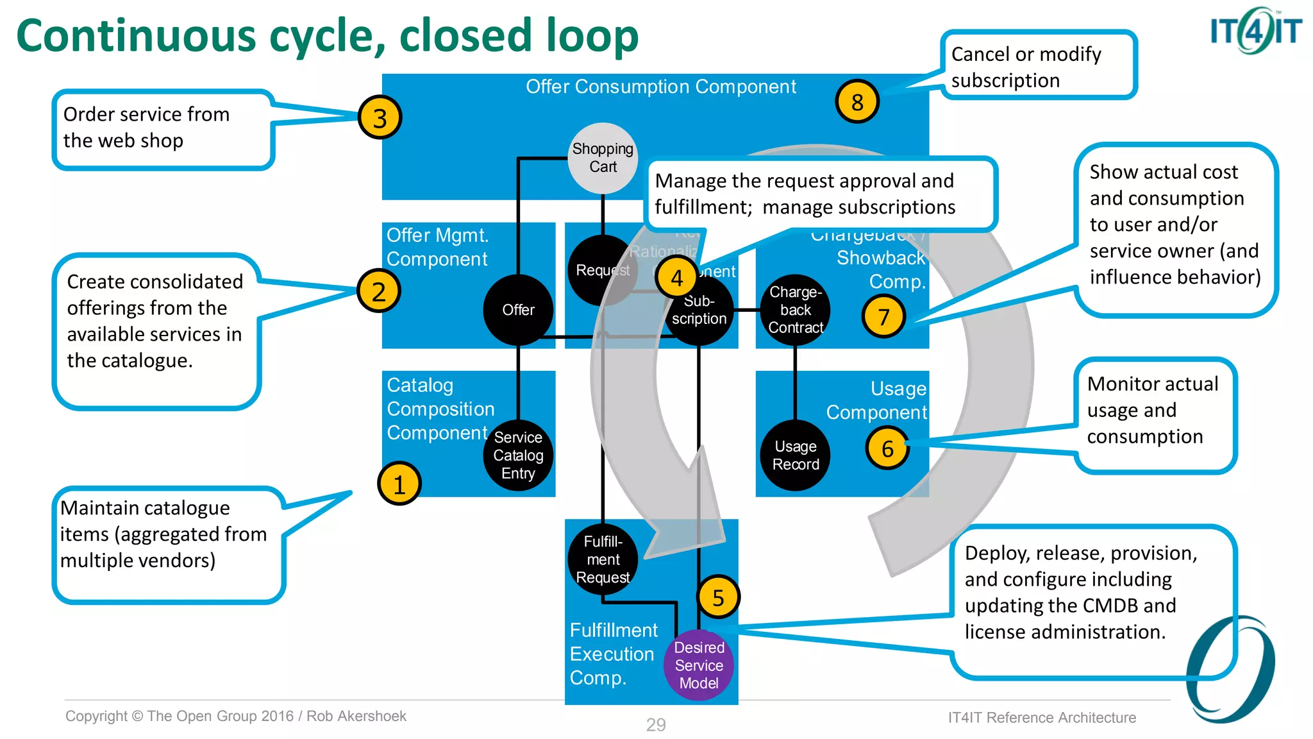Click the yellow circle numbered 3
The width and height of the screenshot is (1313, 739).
380,118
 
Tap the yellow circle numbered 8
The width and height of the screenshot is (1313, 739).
857,102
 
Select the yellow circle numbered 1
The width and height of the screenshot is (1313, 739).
399,484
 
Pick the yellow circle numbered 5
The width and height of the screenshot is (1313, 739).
718,597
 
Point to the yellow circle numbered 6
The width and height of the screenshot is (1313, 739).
887,448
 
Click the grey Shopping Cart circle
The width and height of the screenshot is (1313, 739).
603,158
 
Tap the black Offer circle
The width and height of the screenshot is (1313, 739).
518,310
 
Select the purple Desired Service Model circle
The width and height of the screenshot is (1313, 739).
699,665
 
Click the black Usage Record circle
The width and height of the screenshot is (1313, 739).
796,455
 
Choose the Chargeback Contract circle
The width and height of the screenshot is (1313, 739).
796,310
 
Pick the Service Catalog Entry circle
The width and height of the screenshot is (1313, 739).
518,455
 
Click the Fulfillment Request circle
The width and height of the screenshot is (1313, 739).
603,559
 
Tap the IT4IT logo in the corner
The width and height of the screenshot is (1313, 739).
1255,30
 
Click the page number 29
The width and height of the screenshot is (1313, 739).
656,725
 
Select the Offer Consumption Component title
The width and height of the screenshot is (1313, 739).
660,87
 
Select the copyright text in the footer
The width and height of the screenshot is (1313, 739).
236,716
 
